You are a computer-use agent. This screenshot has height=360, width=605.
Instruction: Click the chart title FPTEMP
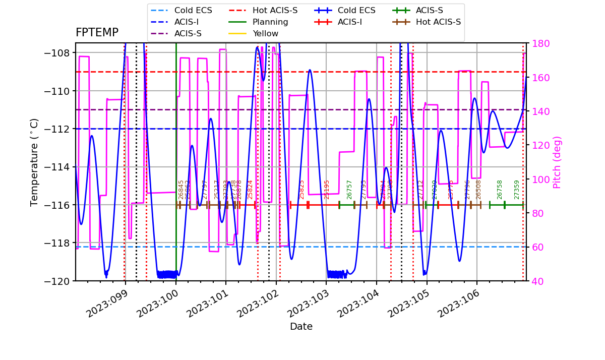click(97, 33)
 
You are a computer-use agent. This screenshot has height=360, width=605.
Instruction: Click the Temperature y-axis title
click(34, 162)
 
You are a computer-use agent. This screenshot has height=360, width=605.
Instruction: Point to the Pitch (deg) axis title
click(557, 162)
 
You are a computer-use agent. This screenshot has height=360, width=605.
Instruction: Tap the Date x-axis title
click(301, 327)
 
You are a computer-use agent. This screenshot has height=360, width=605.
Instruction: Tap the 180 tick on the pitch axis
click(536, 43)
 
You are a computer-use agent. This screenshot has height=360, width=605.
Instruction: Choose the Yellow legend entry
click(265, 34)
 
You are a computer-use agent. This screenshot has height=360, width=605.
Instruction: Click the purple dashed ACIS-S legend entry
click(188, 34)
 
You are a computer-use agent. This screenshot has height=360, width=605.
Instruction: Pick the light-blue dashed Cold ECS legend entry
click(193, 11)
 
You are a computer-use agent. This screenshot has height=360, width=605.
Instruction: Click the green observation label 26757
click(349, 190)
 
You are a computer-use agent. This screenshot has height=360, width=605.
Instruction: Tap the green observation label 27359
click(517, 190)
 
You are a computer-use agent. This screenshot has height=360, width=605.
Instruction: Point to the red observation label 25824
click(250, 190)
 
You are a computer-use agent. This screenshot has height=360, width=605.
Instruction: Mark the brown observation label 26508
click(478, 190)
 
